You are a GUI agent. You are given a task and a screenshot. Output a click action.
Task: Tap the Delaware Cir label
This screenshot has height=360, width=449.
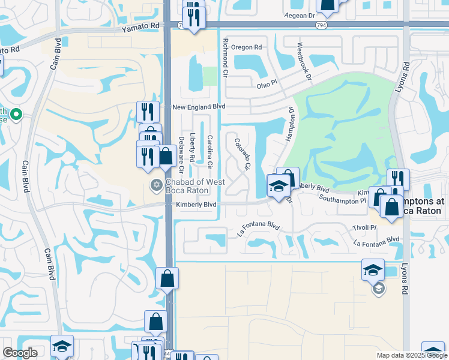tap(181, 151)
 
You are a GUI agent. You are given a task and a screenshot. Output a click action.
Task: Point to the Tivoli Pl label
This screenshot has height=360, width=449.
tap(364, 227)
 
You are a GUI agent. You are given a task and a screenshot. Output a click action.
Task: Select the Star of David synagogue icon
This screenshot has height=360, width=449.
tap(156, 184)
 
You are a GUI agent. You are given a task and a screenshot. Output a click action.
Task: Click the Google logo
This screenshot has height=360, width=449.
tap(20, 353)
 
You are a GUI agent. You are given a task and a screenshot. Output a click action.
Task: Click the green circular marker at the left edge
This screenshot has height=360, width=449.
tap(16, 114)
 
